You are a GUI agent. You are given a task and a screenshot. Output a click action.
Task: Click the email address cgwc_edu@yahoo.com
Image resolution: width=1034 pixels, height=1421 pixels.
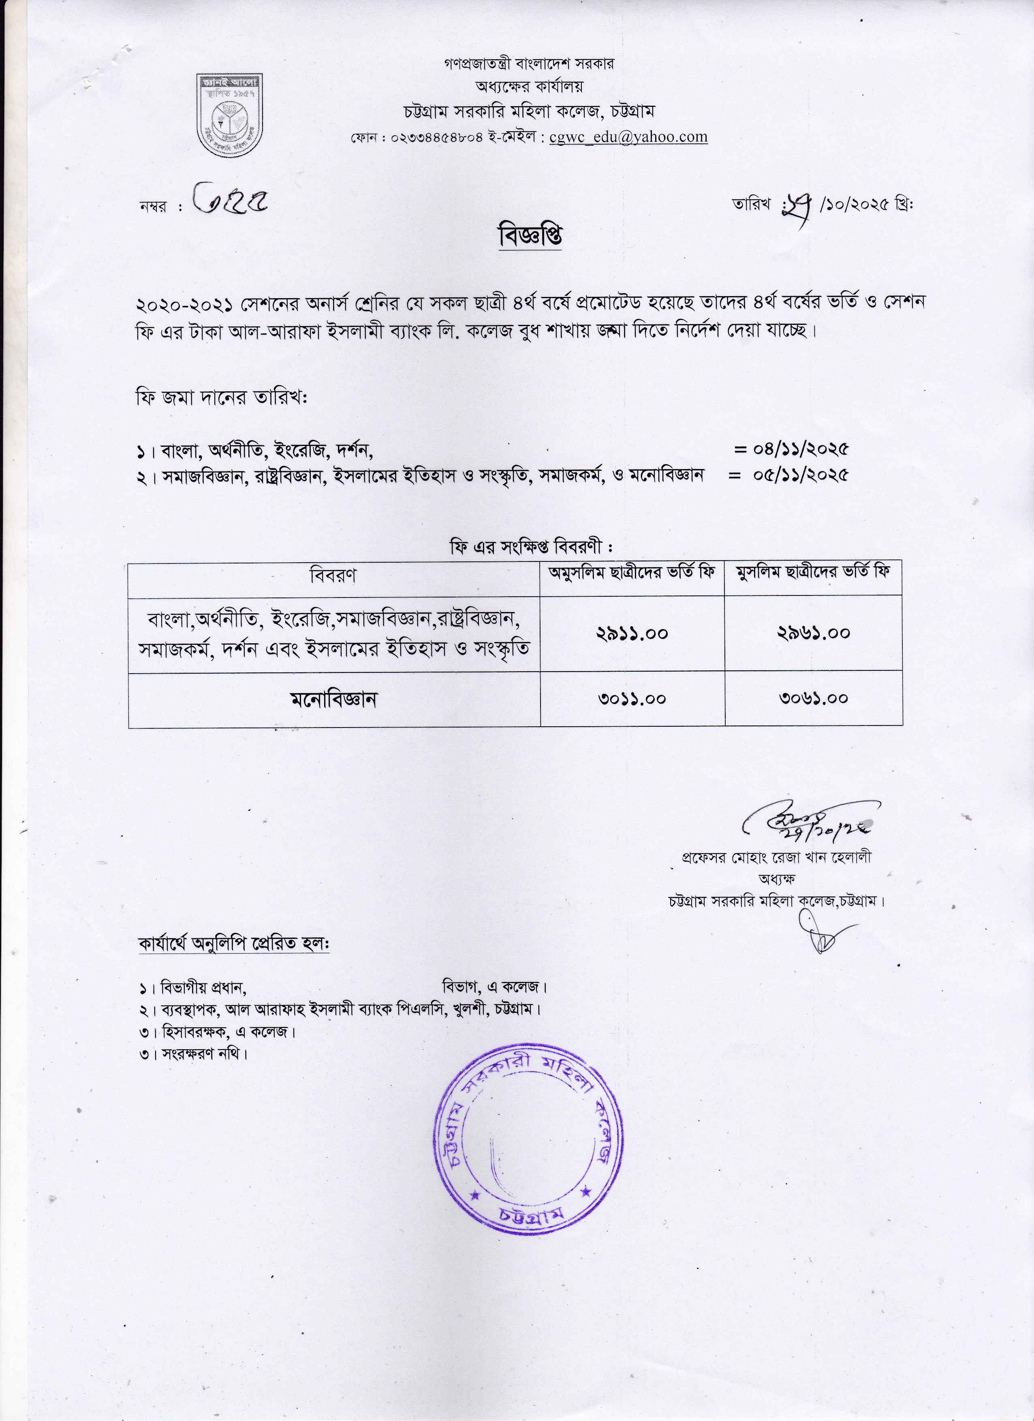click(628, 137)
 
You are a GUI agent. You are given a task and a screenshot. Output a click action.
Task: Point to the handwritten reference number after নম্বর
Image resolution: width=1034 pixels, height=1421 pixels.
click(229, 200)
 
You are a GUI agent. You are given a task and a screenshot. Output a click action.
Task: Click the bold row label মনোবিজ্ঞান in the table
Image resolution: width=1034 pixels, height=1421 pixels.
click(333, 699)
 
